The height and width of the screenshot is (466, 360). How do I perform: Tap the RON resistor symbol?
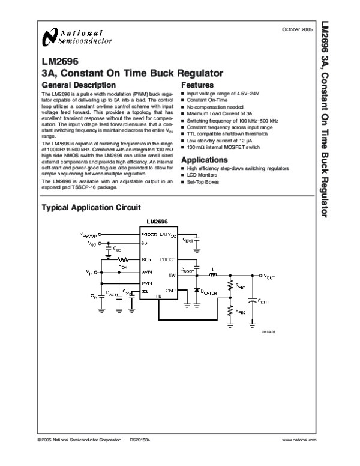(x=123, y=259)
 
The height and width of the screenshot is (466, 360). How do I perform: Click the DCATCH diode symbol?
(x=196, y=291)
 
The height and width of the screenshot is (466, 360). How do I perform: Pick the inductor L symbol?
(x=212, y=274)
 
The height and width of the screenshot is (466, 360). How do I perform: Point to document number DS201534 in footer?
(x=139, y=440)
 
